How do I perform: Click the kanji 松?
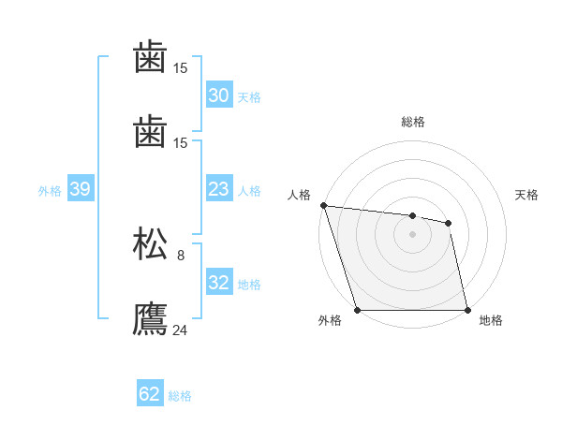[x=151, y=243]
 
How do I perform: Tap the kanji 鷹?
[x=151, y=317]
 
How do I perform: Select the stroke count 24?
[x=181, y=329]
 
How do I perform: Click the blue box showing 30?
[x=218, y=95]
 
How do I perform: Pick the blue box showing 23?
[x=218, y=189]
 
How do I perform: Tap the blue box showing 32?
[x=218, y=283]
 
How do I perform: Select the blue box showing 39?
[x=80, y=189]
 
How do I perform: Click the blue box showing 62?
[x=150, y=394]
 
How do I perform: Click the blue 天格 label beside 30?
[x=248, y=97]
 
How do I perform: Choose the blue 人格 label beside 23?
[x=248, y=191]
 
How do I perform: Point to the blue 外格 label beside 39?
[x=50, y=191]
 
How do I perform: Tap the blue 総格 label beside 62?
[x=180, y=396]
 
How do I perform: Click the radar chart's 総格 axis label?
[x=413, y=122]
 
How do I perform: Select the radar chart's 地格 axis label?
[x=491, y=320]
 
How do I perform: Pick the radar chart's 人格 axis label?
[x=299, y=195]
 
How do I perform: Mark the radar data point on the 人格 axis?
[x=323, y=205]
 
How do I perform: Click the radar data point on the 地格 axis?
[x=467, y=310]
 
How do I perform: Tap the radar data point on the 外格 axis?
[x=357, y=310]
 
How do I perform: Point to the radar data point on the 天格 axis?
[x=449, y=223]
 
